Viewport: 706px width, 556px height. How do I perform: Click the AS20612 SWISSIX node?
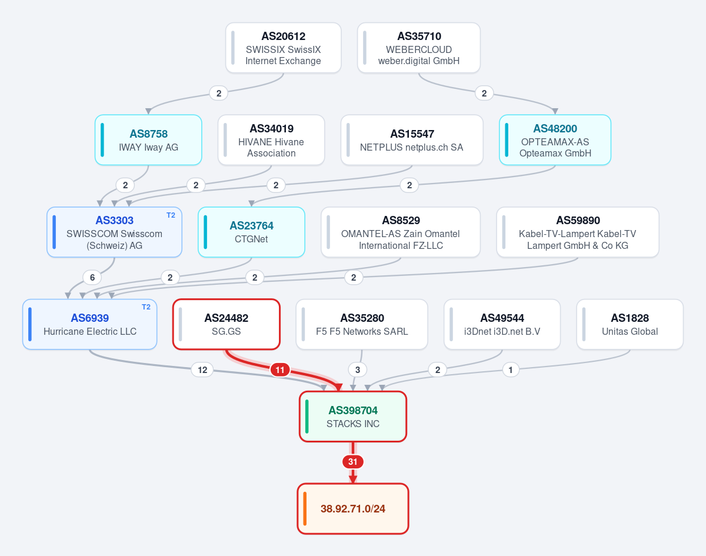click(284, 48)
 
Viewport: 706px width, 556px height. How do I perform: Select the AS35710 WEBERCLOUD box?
click(419, 48)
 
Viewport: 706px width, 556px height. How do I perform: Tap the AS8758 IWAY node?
click(148, 140)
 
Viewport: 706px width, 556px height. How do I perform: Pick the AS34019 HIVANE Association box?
click(271, 140)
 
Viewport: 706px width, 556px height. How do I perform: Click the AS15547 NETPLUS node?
click(412, 140)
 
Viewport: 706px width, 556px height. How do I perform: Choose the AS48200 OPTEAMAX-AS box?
click(555, 140)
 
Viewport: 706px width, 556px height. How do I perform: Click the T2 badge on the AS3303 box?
click(171, 215)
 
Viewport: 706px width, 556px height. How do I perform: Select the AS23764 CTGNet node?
click(252, 232)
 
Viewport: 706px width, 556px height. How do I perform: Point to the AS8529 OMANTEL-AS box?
click(401, 232)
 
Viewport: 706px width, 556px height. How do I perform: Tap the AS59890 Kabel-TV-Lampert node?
click(578, 232)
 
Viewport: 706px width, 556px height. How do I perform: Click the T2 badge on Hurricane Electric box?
click(146, 307)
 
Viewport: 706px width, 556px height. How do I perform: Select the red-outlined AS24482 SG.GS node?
click(227, 324)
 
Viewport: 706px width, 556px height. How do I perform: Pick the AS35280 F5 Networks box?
click(362, 324)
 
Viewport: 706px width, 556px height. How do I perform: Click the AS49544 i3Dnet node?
click(502, 324)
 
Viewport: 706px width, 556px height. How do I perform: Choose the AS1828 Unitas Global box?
click(630, 324)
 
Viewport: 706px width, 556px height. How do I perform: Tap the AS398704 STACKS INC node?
click(353, 417)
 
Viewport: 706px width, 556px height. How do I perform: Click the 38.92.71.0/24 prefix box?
click(353, 509)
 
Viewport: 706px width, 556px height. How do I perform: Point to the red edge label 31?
click(352, 462)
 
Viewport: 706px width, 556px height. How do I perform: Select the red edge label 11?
click(280, 370)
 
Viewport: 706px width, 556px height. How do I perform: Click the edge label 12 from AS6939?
click(202, 370)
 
